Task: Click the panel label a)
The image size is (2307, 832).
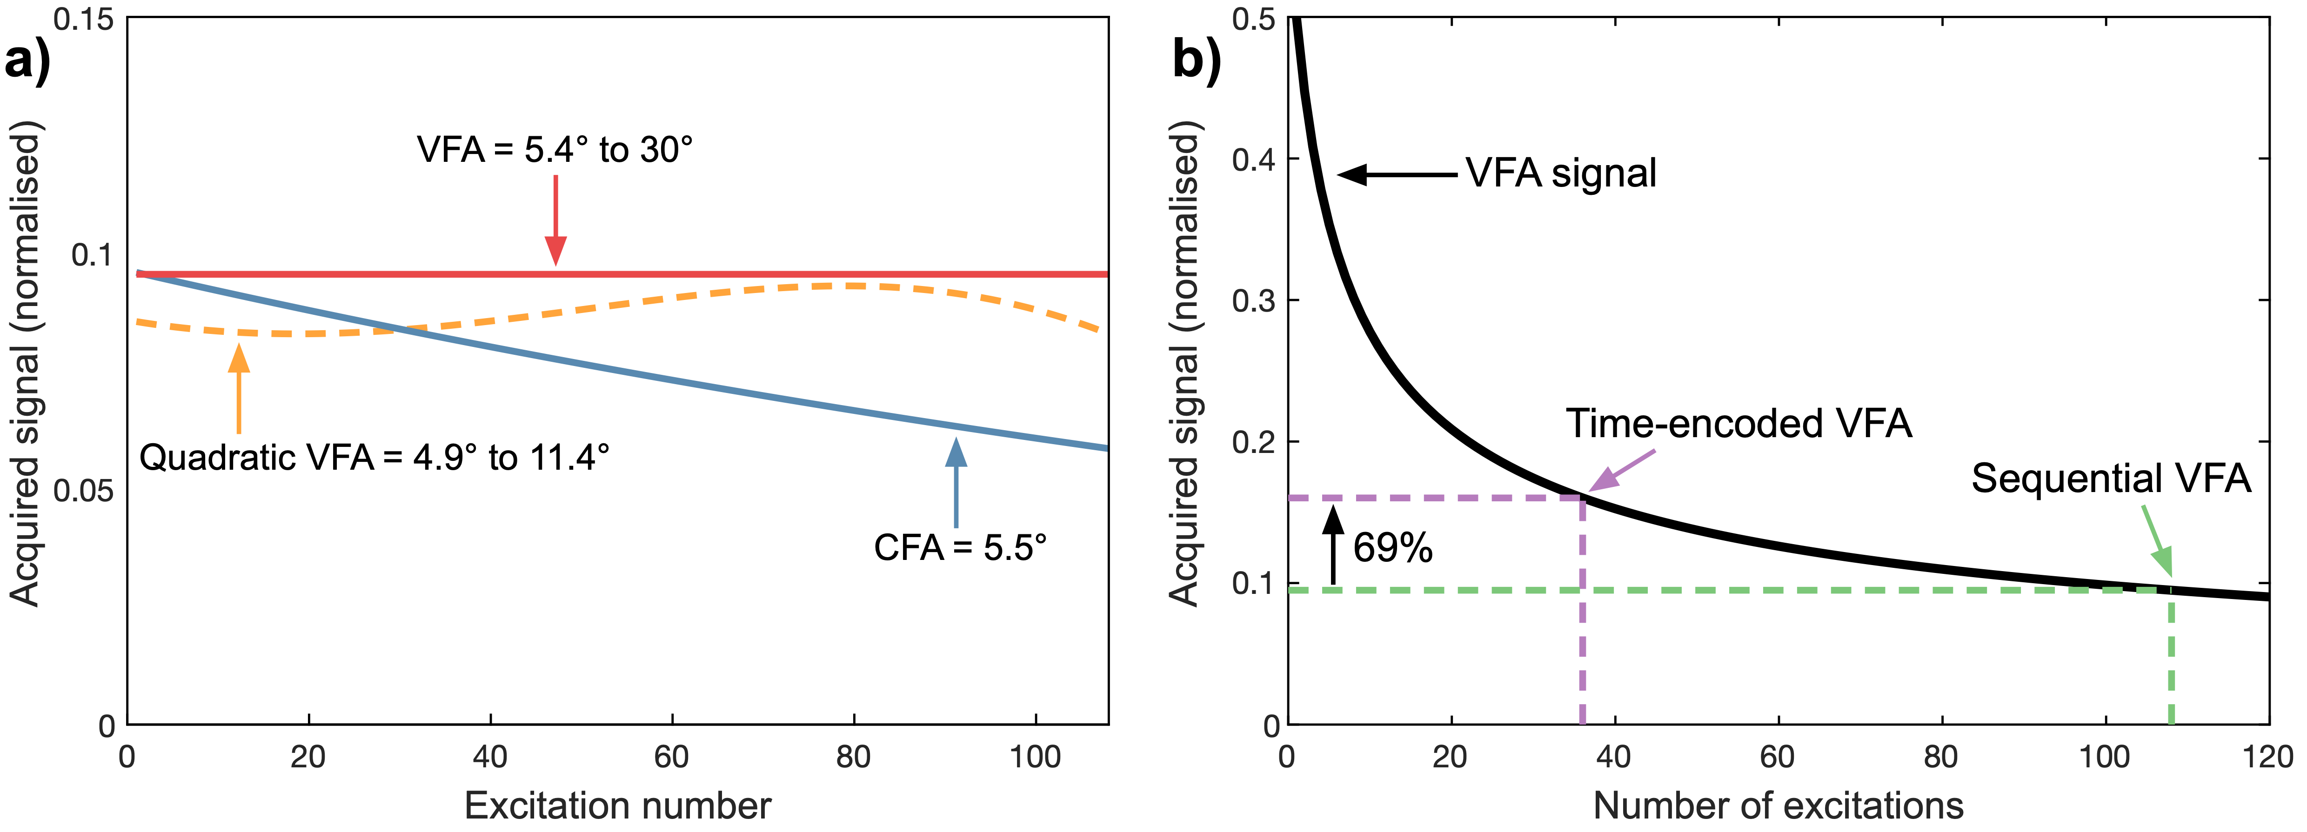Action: (x=27, y=63)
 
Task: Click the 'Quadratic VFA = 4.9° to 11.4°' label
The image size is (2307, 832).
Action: (x=374, y=458)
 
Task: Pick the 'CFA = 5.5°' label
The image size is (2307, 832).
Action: (x=960, y=547)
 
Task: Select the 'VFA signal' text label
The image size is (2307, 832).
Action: (x=1561, y=173)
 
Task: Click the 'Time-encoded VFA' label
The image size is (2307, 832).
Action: (x=1739, y=423)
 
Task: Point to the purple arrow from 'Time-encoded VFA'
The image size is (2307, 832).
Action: (x=1621, y=470)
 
